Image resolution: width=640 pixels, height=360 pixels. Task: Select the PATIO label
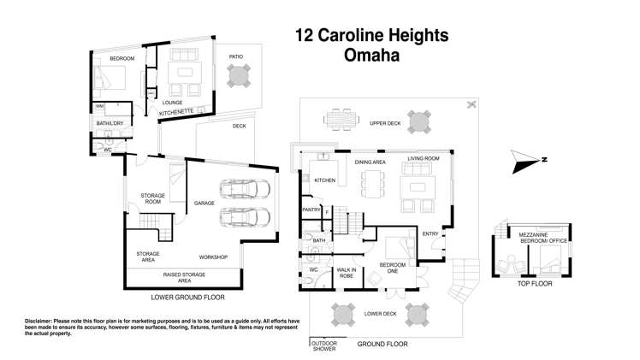[236, 57]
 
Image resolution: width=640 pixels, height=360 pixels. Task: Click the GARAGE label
[204, 204]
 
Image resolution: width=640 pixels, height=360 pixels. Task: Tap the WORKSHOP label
[213, 257]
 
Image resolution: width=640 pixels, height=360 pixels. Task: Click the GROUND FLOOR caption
[383, 343]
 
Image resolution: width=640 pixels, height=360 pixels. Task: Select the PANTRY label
[311, 210]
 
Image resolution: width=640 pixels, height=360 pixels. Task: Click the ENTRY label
[430, 233]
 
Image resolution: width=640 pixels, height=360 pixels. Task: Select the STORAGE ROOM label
[152, 199]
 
